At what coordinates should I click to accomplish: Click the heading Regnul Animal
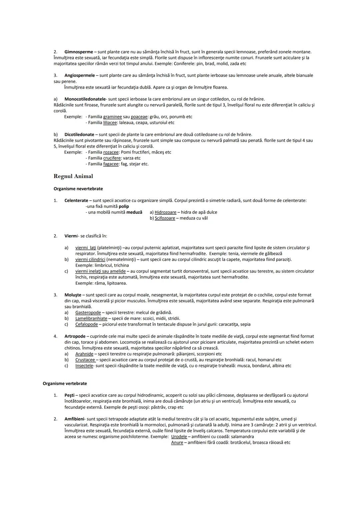(73, 176)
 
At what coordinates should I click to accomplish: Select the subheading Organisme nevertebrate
(78, 189)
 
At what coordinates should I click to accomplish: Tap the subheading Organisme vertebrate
(65, 383)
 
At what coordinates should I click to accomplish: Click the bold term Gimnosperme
(79, 52)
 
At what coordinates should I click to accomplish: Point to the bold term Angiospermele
(80, 75)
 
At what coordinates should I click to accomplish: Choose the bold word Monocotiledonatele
(85, 99)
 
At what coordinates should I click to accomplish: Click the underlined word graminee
(112, 117)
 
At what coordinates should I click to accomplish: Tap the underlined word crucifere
(112, 158)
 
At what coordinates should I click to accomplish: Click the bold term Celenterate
(76, 201)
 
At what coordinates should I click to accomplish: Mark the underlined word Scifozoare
(165, 218)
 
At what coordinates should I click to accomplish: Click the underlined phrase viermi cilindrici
(90, 259)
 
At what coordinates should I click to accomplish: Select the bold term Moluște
(73, 295)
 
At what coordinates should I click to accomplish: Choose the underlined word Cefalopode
(86, 324)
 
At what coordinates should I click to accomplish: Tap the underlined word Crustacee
(85, 360)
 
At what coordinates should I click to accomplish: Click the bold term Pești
(69, 395)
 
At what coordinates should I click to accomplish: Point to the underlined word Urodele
(179, 437)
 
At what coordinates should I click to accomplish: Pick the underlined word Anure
(177, 443)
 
